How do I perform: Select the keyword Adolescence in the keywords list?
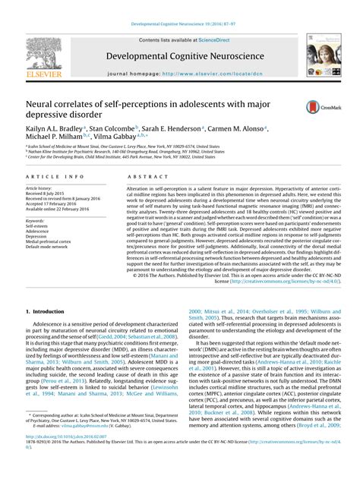39,232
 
